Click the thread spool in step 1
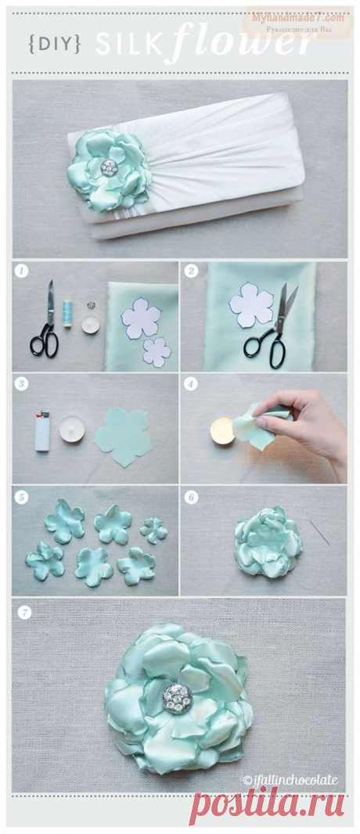tap(67, 314)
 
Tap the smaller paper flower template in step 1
tap(157, 351)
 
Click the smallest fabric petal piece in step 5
tap(153, 530)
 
